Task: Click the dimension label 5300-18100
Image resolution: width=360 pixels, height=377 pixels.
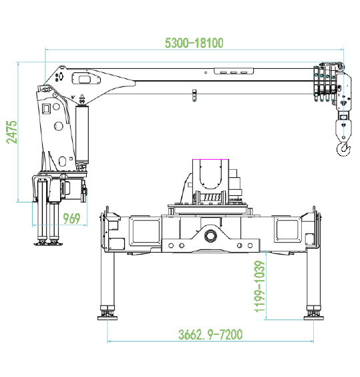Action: [x=194, y=43]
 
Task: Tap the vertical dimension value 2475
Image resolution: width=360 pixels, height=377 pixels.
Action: [x=12, y=132]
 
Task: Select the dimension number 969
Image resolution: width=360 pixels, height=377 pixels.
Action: [x=71, y=219]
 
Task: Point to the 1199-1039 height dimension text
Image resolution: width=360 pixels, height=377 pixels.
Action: [x=260, y=287]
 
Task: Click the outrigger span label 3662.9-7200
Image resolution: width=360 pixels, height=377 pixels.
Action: [x=210, y=334]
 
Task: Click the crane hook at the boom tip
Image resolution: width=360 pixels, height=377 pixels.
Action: [x=343, y=149]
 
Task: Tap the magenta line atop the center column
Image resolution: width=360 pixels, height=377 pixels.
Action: [x=210, y=159]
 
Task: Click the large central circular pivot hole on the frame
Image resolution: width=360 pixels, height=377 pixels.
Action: [x=210, y=235]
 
